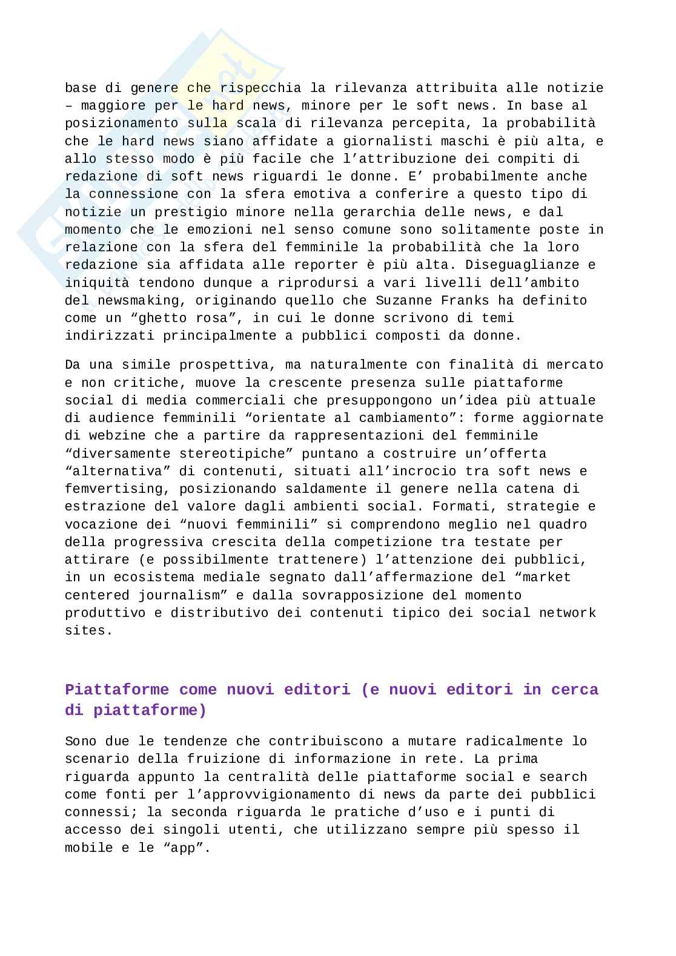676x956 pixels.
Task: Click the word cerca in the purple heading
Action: pyautogui.click(x=575, y=690)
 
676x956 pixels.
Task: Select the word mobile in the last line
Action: pyautogui.click(x=89, y=848)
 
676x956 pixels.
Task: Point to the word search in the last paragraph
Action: pyautogui.click(x=563, y=777)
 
